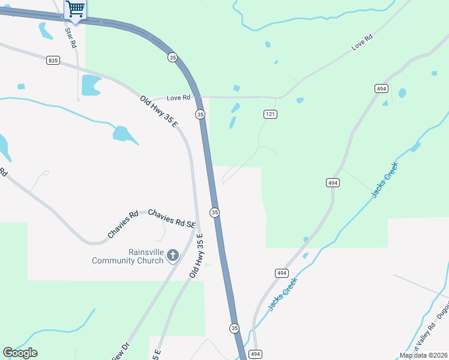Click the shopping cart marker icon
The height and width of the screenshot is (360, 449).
(x=75, y=9)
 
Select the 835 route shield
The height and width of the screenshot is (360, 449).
(x=53, y=60)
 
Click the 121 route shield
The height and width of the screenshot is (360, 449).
(x=270, y=113)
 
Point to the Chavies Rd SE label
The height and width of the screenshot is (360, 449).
(x=172, y=218)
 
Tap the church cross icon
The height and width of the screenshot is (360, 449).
(x=173, y=256)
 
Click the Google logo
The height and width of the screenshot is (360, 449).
(x=20, y=353)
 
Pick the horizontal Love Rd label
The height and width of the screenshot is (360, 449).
(x=178, y=97)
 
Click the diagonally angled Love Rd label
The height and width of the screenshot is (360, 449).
(x=362, y=42)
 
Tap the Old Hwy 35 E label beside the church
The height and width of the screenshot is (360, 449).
(x=197, y=255)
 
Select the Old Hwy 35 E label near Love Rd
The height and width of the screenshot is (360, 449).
(x=159, y=112)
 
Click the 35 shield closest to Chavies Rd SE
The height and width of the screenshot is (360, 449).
(x=215, y=212)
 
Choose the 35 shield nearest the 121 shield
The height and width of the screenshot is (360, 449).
(x=200, y=114)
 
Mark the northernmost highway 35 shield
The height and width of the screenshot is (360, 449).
(x=173, y=57)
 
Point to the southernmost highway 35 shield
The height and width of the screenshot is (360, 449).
(x=234, y=328)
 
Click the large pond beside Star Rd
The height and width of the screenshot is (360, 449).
(x=91, y=85)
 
